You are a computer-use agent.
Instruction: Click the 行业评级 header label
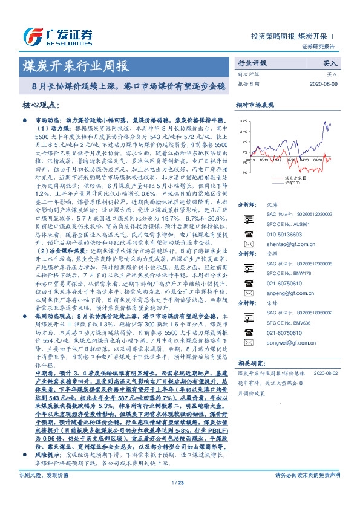pos(252,63)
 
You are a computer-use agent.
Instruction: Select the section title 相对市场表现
pos(255,105)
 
